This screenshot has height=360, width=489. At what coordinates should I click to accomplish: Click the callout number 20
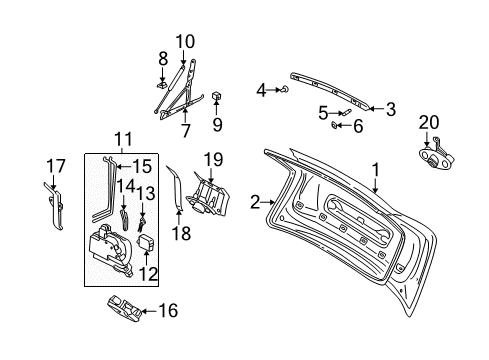coord(429,122)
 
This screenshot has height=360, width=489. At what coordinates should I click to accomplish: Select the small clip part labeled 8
coord(162,85)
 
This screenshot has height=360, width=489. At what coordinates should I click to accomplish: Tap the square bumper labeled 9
coord(217,96)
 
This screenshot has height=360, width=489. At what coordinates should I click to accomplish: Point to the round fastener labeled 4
coord(285,89)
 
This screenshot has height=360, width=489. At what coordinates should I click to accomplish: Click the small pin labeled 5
coord(346,111)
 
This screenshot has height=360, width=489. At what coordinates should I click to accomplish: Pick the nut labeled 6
coord(334,125)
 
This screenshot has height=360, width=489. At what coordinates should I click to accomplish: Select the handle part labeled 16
coord(124,308)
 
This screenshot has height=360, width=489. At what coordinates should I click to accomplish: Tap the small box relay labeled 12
coord(146,242)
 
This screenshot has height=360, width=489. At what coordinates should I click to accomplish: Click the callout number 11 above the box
coord(123,139)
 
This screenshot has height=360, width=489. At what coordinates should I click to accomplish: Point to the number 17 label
coord(56,166)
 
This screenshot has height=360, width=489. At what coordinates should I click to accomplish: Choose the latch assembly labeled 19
coord(208,197)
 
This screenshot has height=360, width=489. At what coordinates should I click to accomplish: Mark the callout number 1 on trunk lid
coord(376,170)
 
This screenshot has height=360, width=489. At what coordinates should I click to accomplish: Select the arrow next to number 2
coord(269,202)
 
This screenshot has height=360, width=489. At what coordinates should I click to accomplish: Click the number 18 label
coord(182,233)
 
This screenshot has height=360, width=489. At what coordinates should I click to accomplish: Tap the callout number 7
coord(186,130)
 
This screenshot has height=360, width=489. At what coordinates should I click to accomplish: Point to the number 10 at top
coord(185,42)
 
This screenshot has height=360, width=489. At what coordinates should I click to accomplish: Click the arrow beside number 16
coord(149,311)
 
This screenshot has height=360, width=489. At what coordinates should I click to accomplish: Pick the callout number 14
coord(125,187)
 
